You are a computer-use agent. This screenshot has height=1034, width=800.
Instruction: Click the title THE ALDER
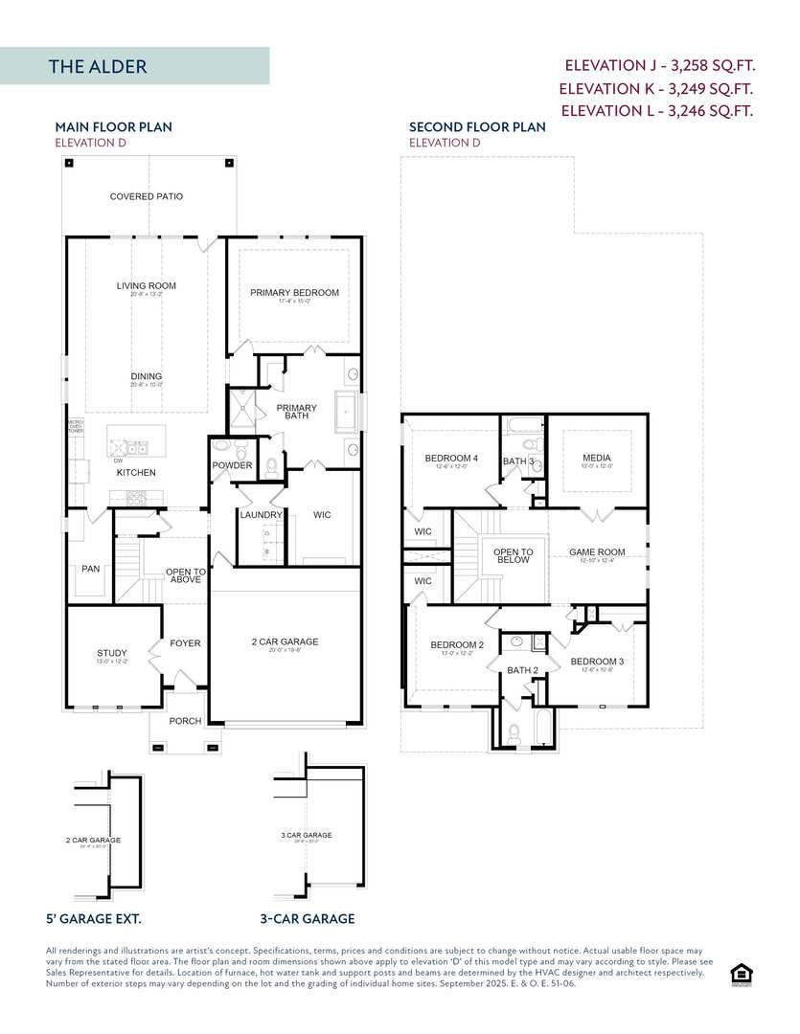[98, 67]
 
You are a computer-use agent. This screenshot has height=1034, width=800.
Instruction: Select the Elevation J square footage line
[659, 66]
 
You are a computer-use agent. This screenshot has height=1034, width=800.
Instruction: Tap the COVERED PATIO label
[146, 196]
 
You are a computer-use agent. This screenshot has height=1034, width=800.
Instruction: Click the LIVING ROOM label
[146, 285]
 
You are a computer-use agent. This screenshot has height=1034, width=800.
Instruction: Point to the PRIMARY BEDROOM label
[294, 293]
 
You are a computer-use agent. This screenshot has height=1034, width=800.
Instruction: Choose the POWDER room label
[232, 465]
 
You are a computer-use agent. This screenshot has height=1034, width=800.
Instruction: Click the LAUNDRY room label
[262, 515]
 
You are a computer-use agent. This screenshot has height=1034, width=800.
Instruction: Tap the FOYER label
[185, 643]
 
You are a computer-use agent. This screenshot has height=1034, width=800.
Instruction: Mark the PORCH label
[185, 721]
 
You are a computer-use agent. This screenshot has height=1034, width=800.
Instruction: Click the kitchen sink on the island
[127, 446]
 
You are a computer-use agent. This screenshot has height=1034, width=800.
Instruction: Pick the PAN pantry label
[90, 569]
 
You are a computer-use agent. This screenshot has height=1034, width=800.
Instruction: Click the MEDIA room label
[596, 459]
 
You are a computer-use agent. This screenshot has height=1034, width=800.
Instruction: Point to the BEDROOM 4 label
[451, 459]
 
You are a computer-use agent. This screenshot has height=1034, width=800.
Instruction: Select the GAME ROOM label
[596, 552]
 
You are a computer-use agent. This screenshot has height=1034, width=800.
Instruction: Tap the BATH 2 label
[522, 670]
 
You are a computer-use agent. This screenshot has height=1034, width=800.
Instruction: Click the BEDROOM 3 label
[597, 662]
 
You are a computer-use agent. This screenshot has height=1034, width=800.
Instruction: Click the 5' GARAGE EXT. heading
[94, 918]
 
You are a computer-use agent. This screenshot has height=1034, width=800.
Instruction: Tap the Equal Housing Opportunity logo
[740, 974]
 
